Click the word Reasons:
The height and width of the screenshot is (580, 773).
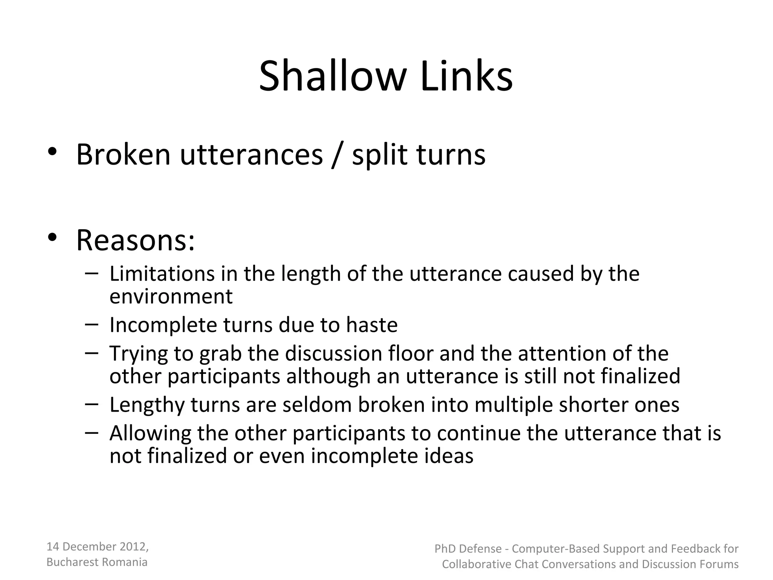click(136, 241)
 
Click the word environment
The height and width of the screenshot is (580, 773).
click(171, 296)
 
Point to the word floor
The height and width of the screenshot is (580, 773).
click(411, 353)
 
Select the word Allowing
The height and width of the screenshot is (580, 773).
click(150, 433)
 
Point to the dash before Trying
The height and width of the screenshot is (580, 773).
click(92, 353)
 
